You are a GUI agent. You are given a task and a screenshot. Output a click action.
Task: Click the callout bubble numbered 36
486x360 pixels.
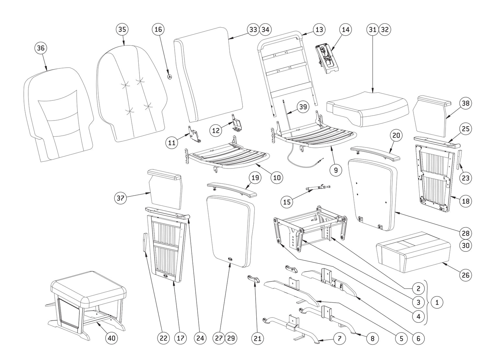(41, 48)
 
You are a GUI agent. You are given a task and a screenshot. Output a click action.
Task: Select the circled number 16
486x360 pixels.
(158, 29)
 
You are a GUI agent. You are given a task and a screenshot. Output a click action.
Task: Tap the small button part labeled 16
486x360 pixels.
(169, 76)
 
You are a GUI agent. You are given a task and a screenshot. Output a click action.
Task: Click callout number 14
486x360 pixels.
(346, 29)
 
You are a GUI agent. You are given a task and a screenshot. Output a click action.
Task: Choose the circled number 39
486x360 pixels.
(303, 107)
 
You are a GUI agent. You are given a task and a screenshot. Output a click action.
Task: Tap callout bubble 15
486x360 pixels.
(287, 202)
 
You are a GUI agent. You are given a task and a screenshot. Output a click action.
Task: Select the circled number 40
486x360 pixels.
(111, 338)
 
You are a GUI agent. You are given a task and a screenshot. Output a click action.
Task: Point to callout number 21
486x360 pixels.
(258, 338)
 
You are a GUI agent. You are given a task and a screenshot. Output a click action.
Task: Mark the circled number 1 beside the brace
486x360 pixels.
(437, 302)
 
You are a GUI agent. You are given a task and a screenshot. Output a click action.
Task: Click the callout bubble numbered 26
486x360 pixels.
(466, 275)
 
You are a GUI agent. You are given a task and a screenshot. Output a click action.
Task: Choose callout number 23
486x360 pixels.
(465, 178)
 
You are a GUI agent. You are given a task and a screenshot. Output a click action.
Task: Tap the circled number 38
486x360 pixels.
(466, 103)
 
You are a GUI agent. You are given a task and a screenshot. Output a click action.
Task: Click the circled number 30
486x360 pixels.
(466, 245)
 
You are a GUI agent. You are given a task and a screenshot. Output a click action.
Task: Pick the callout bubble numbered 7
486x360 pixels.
(340, 338)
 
